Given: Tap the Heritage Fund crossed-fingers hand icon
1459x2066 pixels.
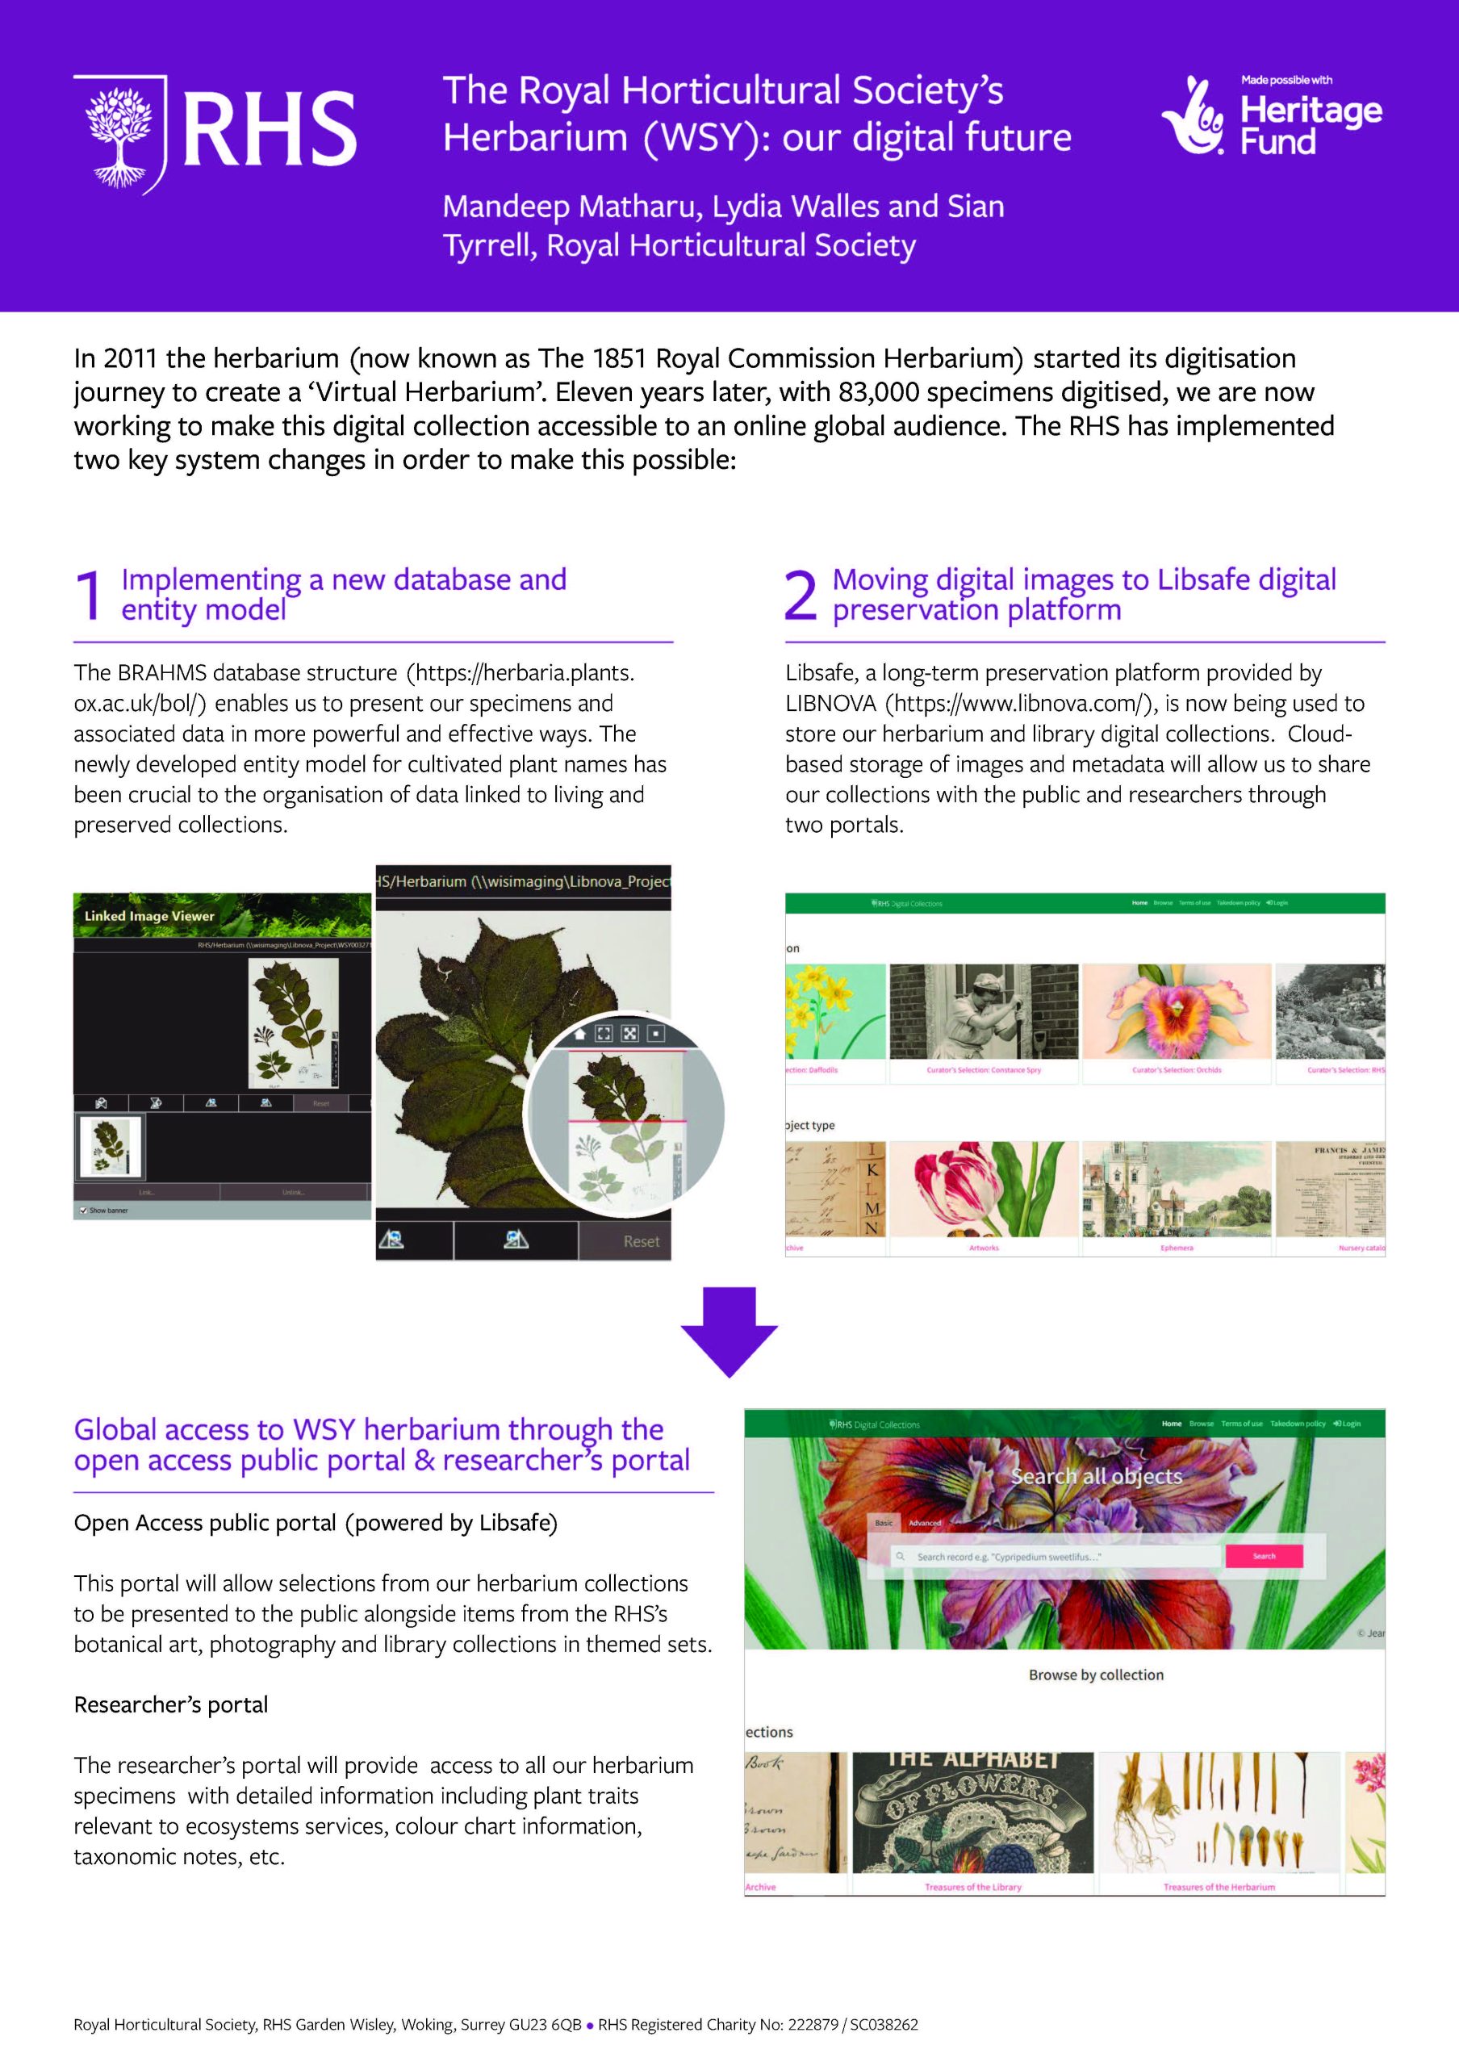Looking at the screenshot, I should (1193, 117).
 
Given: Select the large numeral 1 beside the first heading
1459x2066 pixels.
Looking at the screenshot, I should (89, 596).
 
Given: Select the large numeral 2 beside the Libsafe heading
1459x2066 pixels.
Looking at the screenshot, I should (801, 596).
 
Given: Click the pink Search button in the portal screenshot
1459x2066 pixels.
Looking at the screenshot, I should (1264, 1556).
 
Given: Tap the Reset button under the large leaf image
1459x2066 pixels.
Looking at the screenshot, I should (641, 1242).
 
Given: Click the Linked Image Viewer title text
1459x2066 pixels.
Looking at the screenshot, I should (149, 916).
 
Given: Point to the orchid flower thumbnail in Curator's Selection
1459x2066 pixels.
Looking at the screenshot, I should (1177, 1012).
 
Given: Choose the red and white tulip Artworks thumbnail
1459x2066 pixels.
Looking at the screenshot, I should (983, 1189).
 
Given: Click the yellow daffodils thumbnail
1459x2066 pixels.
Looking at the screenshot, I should (834, 1012).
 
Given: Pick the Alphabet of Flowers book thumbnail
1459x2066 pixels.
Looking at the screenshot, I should (972, 1811).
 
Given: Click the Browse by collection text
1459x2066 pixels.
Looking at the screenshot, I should (1096, 1675).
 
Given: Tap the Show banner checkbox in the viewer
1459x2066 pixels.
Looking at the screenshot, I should (84, 1211).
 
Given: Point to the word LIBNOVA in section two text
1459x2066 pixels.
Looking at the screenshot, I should (830, 704).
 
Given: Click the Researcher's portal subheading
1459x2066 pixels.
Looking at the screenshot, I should (171, 1704).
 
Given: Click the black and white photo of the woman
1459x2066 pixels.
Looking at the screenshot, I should (983, 1012).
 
